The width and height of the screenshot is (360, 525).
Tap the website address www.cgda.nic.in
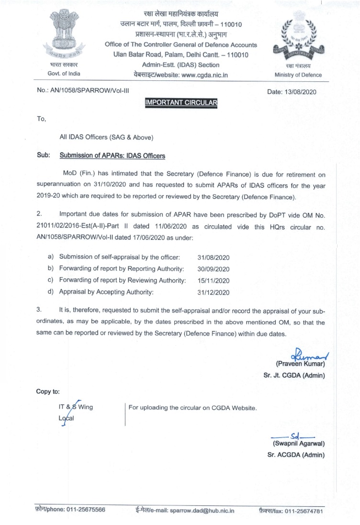pos(204,74)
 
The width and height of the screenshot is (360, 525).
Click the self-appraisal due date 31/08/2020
pos(214,257)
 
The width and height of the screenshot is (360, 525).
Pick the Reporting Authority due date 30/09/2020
pos(214,268)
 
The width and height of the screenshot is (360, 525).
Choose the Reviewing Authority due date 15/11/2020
pos(214,280)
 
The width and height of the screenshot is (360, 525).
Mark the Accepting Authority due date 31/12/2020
pos(214,291)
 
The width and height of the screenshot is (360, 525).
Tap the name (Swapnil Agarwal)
pos(296,444)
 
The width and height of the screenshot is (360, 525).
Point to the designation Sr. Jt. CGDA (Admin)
pos(294,376)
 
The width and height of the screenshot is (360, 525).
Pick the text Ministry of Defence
pos(298,75)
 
